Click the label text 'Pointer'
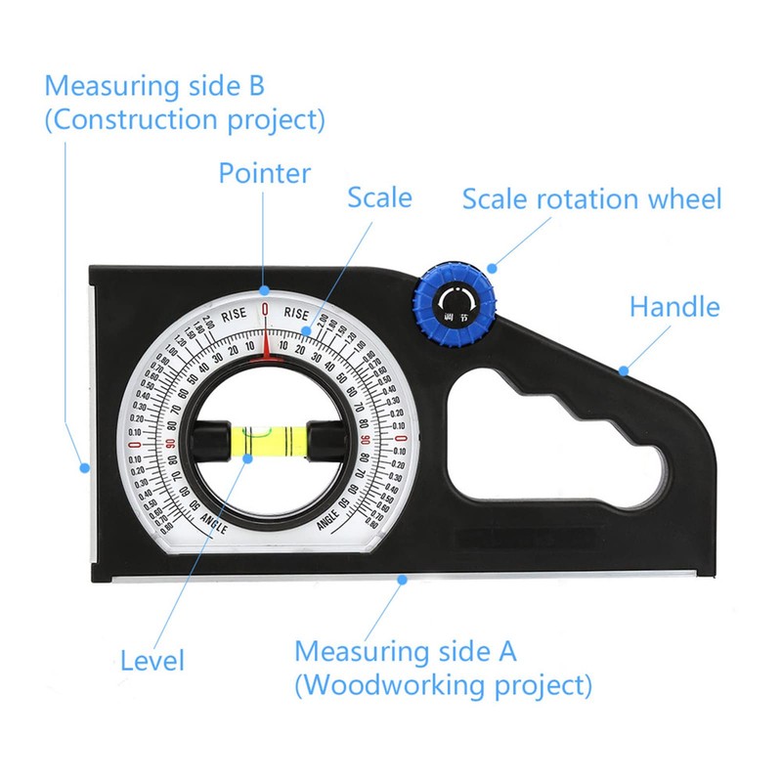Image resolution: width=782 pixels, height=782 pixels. (264, 174)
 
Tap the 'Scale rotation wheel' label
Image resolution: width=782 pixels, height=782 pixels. (591, 199)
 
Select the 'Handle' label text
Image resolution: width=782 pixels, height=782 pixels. (673, 307)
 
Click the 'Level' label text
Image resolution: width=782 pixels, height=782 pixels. (152, 660)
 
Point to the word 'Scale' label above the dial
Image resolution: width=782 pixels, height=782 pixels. (379, 197)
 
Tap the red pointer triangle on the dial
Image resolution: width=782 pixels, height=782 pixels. (264, 354)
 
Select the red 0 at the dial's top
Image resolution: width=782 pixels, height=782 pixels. (264, 310)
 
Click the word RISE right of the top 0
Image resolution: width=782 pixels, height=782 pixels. (295, 314)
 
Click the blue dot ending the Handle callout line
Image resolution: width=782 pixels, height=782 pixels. (624, 369)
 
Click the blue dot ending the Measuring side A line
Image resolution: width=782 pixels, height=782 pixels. (401, 580)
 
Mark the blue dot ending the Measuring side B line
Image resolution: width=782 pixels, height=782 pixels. (85, 467)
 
